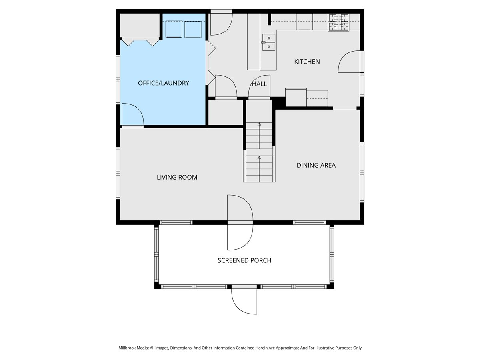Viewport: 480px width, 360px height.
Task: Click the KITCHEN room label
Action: [307, 62]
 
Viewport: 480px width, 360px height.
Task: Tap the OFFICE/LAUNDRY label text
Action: [164, 83]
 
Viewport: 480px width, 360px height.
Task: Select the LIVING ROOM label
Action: [177, 177]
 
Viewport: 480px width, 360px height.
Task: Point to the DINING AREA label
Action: [316, 165]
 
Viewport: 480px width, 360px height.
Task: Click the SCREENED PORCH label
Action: [244, 260]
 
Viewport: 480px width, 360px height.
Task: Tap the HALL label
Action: [259, 84]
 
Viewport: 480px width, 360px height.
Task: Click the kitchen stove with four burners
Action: [338, 22]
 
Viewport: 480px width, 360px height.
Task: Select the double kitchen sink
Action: [269, 42]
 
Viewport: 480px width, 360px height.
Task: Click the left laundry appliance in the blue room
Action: [174, 29]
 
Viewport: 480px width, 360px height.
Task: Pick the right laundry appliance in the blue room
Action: [193, 29]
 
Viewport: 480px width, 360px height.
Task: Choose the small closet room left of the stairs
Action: [226, 112]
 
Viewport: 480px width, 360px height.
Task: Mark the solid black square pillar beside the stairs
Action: [279, 103]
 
